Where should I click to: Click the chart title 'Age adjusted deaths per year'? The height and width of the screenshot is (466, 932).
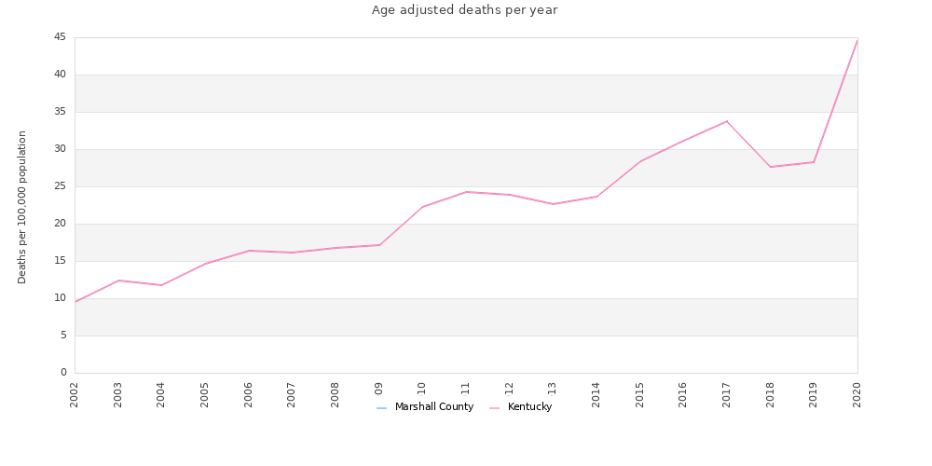click(464, 10)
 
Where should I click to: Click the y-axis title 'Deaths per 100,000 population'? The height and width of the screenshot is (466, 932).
click(22, 207)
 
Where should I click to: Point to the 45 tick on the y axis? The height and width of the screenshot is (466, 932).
click(60, 37)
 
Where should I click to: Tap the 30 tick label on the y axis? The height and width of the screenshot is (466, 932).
click(60, 149)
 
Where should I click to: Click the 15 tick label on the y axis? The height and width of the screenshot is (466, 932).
click(60, 261)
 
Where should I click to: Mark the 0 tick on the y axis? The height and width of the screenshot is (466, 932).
click(63, 373)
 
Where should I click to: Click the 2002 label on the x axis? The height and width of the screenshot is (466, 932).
click(75, 394)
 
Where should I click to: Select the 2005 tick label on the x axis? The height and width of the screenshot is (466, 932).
click(205, 394)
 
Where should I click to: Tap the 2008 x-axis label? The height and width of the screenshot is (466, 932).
click(336, 394)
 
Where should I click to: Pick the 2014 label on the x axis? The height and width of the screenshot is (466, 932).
click(596, 394)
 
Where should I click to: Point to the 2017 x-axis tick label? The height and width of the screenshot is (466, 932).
click(727, 394)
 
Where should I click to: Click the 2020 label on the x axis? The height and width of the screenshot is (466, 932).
click(857, 394)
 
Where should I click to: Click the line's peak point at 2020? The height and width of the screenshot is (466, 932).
click(857, 40)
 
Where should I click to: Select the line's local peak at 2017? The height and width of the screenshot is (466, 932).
click(727, 121)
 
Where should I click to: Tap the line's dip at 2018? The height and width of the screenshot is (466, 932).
click(771, 167)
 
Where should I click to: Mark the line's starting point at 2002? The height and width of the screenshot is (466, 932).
click(75, 302)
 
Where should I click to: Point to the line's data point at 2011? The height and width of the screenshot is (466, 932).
click(466, 192)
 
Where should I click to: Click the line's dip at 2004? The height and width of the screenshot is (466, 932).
click(161, 285)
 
